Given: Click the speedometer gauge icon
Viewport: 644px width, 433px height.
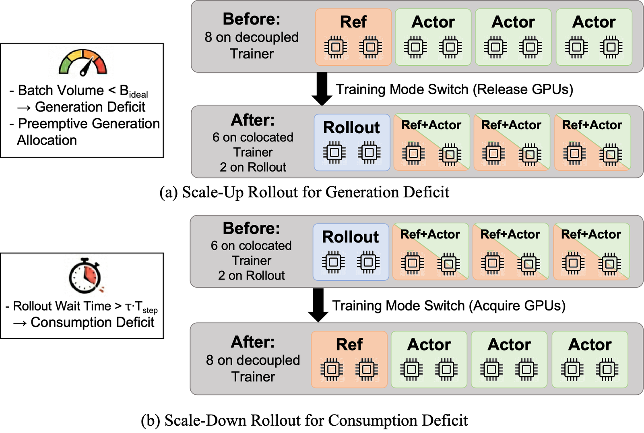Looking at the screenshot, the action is tap(83, 63).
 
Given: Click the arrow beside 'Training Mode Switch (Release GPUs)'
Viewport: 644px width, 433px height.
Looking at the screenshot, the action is tap(322, 89).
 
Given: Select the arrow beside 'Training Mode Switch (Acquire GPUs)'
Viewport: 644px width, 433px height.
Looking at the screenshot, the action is tap(318, 305).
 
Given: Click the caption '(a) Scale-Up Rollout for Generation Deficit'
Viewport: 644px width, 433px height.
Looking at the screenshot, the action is tap(304, 192).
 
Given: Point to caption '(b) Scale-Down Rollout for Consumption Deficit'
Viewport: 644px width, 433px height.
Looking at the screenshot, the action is tap(304, 421).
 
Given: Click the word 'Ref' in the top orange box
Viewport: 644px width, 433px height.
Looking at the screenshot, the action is tap(353, 22).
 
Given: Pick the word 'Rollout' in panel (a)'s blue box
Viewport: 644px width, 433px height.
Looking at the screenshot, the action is tap(352, 127).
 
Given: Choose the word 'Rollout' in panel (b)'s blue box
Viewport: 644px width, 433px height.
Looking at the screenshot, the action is tap(351, 237).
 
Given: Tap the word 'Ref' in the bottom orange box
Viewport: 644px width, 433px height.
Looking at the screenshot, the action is tap(349, 344).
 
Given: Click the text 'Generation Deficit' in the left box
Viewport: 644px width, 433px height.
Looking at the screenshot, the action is tap(90, 107).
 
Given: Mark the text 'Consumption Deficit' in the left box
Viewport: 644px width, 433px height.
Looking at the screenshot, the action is tap(93, 322).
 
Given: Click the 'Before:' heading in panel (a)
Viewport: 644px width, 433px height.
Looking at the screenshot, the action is tap(252, 19).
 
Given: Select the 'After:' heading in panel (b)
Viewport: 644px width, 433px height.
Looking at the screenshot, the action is tap(253, 342).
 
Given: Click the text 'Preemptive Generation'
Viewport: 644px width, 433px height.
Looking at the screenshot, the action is tap(89, 124).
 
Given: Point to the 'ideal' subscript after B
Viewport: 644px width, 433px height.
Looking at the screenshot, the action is tap(138, 94).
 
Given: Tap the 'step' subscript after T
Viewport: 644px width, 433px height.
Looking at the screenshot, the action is tap(150, 310).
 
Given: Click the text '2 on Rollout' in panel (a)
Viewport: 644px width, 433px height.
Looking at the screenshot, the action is tap(253, 167).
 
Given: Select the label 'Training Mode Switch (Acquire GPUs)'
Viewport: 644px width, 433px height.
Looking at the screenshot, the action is tap(449, 306).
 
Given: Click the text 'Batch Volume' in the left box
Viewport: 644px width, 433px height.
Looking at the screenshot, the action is tap(61, 90).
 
